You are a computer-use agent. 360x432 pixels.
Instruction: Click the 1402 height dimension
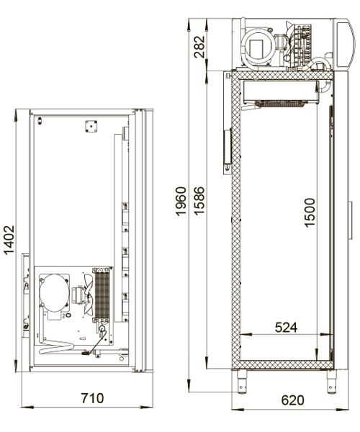pyautogui.click(x=9, y=240)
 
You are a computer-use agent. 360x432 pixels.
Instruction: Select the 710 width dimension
pyautogui.click(x=92, y=398)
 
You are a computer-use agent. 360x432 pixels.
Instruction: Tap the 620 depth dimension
pyautogui.click(x=292, y=400)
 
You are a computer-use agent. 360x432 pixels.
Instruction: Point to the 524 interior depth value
pyautogui.click(x=286, y=328)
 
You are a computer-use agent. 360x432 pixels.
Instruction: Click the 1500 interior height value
pyautogui.click(x=310, y=212)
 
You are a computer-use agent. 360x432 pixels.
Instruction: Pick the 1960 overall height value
pyautogui.click(x=181, y=201)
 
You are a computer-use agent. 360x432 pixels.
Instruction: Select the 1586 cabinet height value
pyautogui.click(x=199, y=201)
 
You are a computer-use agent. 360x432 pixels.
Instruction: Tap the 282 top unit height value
pyautogui.click(x=199, y=47)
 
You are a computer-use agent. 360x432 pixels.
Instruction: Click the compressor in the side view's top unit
pyautogui.click(x=258, y=47)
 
